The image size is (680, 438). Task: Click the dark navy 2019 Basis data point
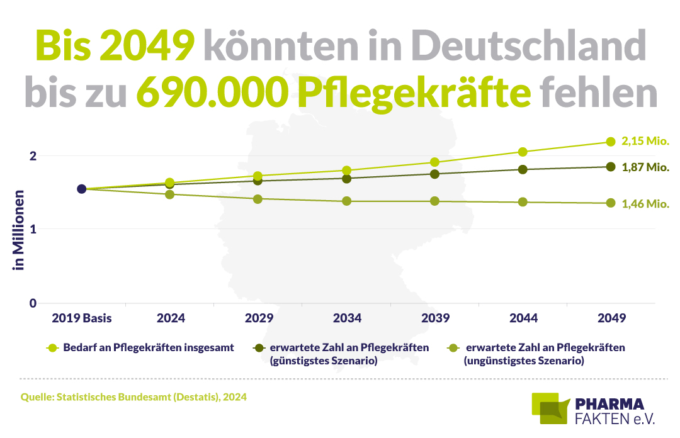coord(81,189)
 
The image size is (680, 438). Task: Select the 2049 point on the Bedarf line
coord(611,142)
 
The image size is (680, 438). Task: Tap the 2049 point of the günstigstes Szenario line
coord(611,167)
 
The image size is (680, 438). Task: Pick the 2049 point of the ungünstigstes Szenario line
coord(611,203)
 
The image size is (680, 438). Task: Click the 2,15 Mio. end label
coord(645,142)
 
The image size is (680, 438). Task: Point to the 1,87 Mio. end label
coord(645,167)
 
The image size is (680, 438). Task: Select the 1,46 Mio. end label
coord(645,204)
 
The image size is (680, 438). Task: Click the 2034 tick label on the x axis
coord(346,318)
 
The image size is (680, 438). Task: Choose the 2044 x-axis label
coord(523,318)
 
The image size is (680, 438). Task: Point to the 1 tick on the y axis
coord(33,229)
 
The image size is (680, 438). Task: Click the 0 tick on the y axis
coord(33,303)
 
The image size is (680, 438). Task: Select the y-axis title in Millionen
coord(19,230)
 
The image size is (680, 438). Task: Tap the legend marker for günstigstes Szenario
coord(258,347)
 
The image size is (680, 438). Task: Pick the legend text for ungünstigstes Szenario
coord(544,354)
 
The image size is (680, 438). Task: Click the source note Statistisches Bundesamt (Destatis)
coord(134,397)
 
